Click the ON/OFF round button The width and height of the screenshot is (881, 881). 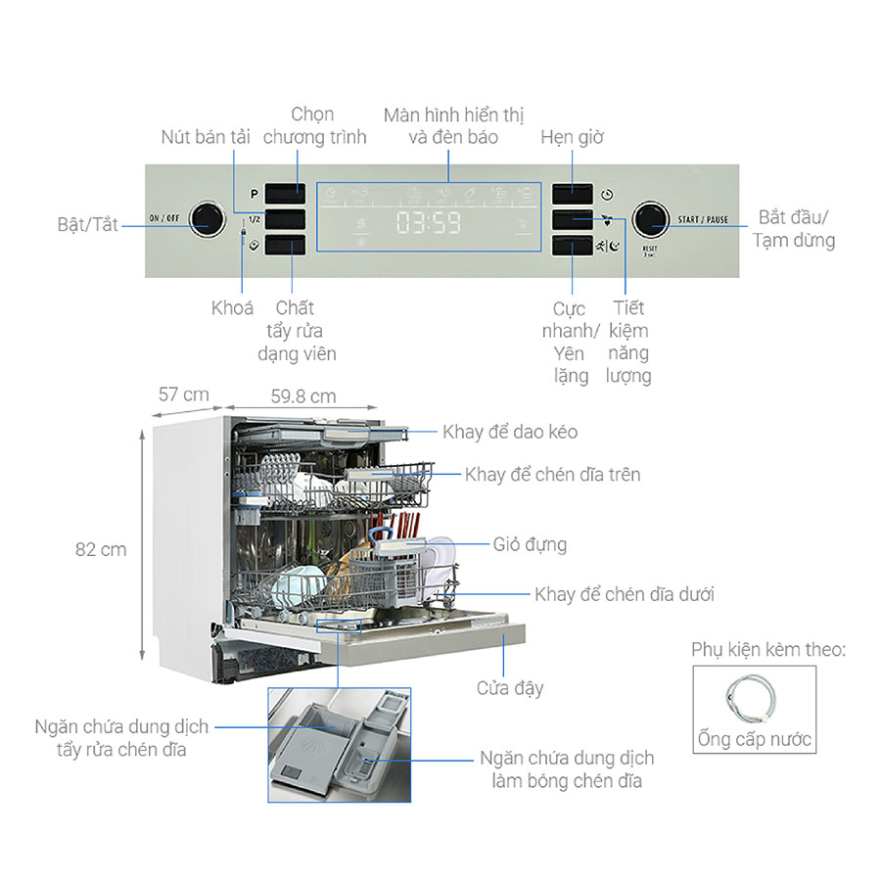[207, 219]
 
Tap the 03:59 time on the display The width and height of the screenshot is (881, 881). [429, 223]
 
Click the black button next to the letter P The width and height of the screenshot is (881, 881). [285, 193]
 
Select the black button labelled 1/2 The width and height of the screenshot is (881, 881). [285, 219]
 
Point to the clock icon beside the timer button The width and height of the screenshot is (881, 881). [607, 194]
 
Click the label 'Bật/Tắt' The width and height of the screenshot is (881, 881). [87, 224]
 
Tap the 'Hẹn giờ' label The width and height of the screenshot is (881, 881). [572, 137]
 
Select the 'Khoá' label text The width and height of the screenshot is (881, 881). [232, 307]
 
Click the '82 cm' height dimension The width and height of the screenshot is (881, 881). [101, 549]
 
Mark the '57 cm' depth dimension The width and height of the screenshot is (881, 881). [184, 394]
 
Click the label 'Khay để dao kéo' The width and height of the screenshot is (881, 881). [510, 432]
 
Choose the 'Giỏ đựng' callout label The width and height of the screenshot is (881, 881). [531, 544]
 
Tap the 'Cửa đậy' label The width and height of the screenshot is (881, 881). [510, 688]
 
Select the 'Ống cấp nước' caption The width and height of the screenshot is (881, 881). [755, 738]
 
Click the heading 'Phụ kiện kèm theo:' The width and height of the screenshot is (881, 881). [768, 650]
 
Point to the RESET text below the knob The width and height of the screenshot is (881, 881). [649, 251]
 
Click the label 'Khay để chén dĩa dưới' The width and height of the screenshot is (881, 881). [625, 594]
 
